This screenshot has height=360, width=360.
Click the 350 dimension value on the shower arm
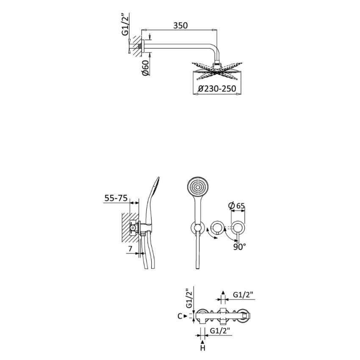pos(180,25)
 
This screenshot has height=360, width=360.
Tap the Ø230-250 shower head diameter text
pos(217,89)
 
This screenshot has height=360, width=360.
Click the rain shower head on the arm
pos(217,69)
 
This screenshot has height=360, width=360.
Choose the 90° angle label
pos(239,246)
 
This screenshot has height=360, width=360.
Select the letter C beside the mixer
pos(180,316)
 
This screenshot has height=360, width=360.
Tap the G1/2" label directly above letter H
pos(220,331)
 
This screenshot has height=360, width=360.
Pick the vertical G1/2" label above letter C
pos(188,298)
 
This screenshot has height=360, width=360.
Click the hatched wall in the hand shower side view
pos(126,229)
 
